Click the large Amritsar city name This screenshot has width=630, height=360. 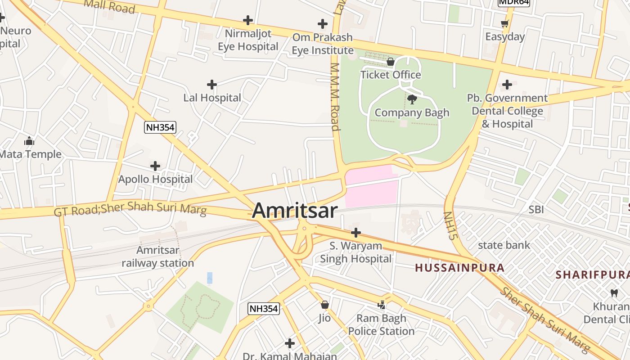[x=295, y=211]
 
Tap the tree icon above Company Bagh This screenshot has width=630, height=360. [x=411, y=99]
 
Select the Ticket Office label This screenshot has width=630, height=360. [x=391, y=75]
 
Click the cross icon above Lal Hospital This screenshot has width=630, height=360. [x=212, y=85]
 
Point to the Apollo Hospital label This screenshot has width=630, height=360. [x=155, y=179]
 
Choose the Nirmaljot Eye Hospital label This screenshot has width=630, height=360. [x=248, y=40]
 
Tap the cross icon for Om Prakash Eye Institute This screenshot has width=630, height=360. [x=323, y=24]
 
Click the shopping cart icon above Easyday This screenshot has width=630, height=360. [x=505, y=23]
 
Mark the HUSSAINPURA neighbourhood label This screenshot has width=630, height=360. [x=459, y=268]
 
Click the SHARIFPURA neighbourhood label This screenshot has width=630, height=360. [x=592, y=274]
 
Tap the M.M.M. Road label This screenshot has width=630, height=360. [x=335, y=96]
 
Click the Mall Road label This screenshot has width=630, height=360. [x=109, y=6]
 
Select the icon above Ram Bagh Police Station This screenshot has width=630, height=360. [x=382, y=305]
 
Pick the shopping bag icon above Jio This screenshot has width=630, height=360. [x=324, y=305]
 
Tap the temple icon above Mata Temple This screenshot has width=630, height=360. [x=30, y=141]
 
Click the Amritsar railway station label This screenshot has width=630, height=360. [x=158, y=256]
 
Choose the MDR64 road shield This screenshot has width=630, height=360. [x=513, y=2]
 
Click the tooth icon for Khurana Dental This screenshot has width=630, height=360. [x=613, y=293]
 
